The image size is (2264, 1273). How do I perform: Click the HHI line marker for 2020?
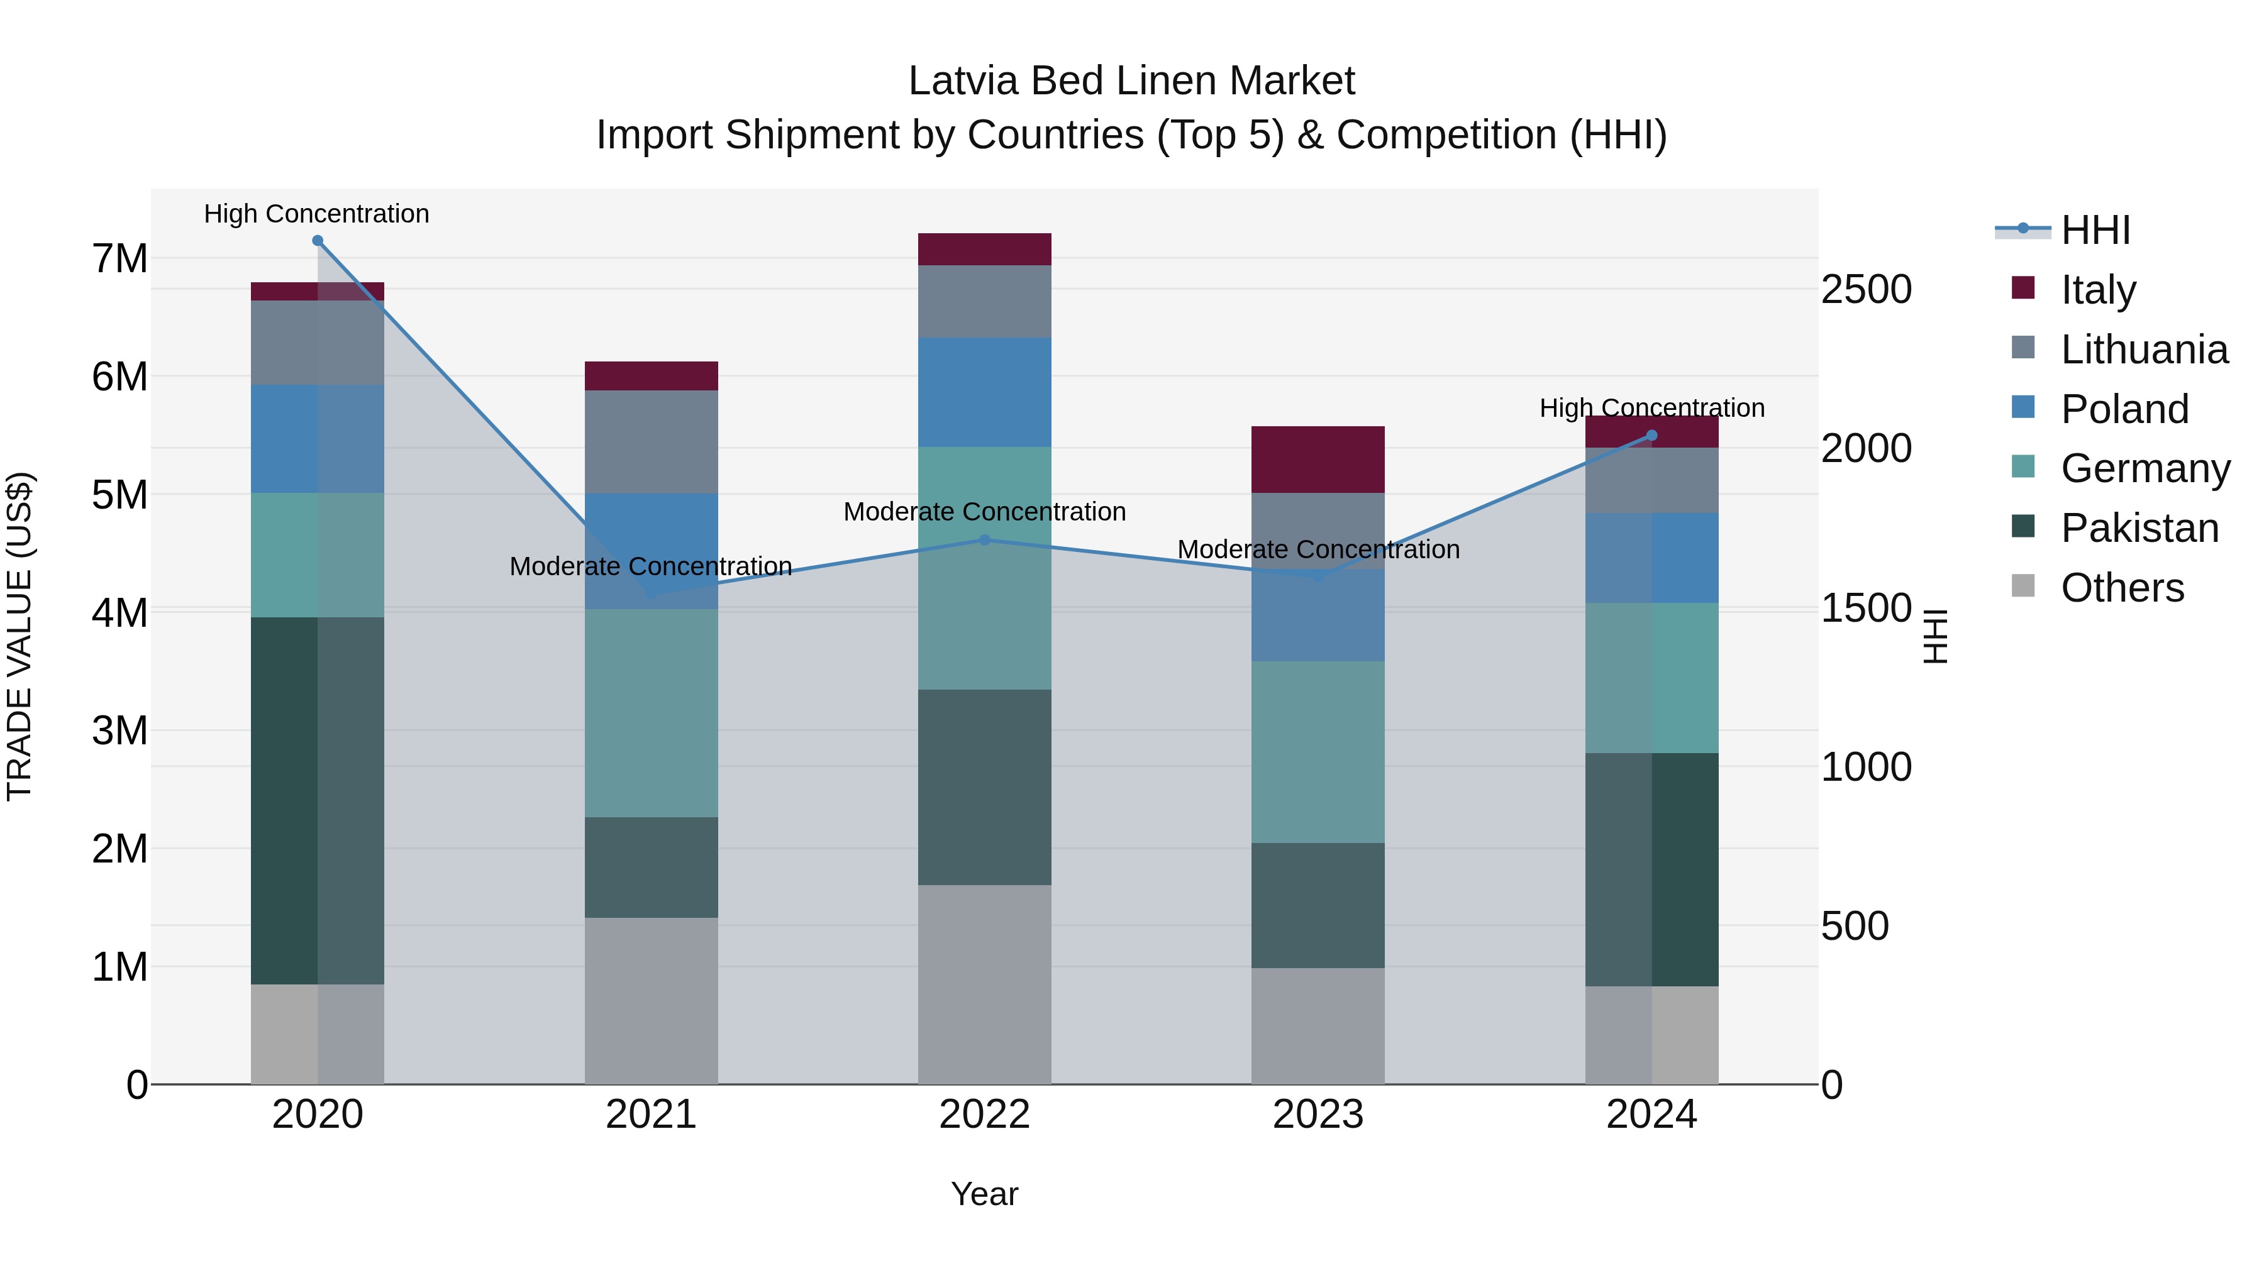pos(318,241)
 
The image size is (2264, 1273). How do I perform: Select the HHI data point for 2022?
pos(984,539)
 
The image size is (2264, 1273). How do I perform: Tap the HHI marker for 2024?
pos(1651,436)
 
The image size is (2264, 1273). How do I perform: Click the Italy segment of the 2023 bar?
pos(1318,460)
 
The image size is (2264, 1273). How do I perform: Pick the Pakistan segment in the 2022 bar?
pos(984,786)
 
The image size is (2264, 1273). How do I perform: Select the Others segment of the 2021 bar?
pos(652,1001)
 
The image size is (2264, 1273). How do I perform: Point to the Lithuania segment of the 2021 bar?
pos(652,441)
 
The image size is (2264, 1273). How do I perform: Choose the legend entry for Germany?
pos(2145,468)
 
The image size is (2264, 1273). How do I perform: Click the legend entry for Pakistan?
pos(2139,528)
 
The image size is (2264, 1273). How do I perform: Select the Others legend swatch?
pos(2023,586)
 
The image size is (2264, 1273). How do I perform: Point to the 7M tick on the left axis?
pos(120,258)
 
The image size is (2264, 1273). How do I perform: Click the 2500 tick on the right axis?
pos(1866,289)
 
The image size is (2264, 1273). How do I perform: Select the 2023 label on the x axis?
pos(1318,1115)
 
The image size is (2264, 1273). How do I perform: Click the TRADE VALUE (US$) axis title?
pos(19,636)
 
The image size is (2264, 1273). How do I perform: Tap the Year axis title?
pos(984,1194)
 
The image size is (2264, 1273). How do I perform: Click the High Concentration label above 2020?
pos(316,214)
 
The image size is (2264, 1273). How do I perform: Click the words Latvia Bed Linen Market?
pos(1131,81)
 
